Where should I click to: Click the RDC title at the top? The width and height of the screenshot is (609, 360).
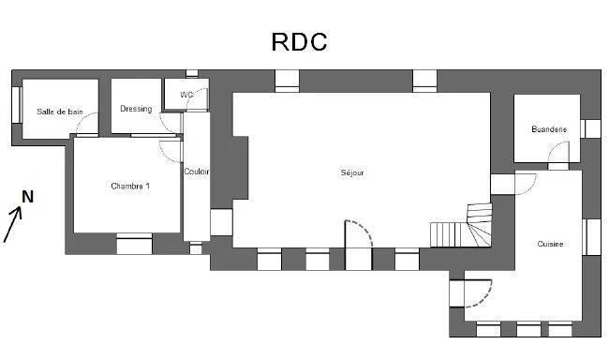tap(299, 42)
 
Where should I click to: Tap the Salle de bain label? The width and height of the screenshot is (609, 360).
tap(60, 112)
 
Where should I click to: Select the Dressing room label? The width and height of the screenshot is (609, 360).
tap(136, 109)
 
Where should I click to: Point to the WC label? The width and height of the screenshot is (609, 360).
tap(186, 95)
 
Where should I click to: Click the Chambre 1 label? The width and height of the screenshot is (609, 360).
tap(130, 186)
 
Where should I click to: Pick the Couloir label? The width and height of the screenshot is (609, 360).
tap(197, 172)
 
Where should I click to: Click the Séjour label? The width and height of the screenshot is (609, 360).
tap(352, 172)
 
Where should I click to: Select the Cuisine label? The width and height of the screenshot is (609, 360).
tap(550, 244)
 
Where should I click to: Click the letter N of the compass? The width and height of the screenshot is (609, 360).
tap(28, 197)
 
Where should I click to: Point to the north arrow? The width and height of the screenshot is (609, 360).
tap(14, 224)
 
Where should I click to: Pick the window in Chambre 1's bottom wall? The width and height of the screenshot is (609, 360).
tap(134, 245)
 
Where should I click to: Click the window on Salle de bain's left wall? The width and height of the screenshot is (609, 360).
tap(16, 106)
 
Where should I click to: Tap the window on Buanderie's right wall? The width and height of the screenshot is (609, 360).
tap(590, 128)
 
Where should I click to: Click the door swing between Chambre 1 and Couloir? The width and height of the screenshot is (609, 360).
tap(170, 151)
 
